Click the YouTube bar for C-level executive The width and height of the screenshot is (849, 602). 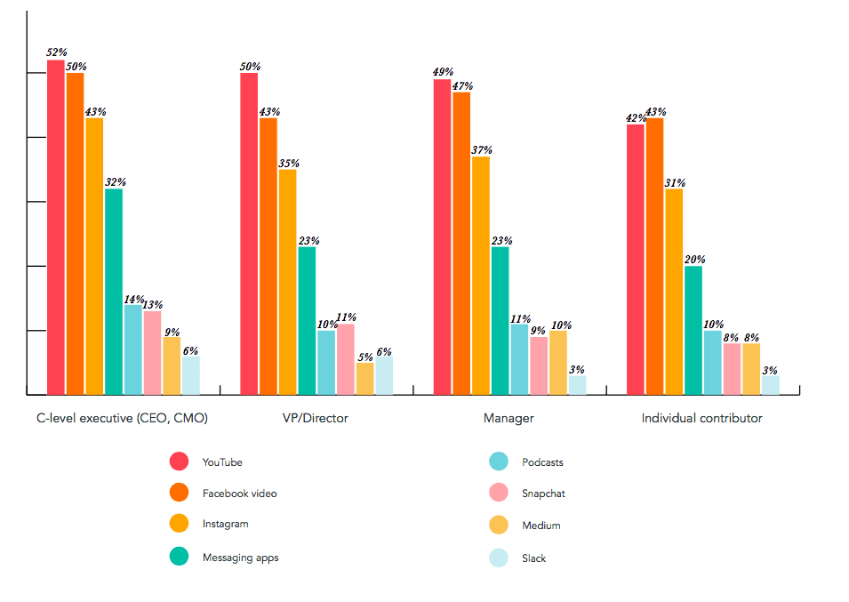tap(55, 227)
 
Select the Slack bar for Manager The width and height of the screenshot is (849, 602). tap(577, 384)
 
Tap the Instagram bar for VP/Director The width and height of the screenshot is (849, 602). tap(287, 281)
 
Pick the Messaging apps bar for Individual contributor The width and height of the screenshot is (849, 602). tap(693, 330)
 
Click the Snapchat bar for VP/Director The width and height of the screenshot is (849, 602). tap(345, 358)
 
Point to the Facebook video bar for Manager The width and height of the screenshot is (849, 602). tap(461, 243)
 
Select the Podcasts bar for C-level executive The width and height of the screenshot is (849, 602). tap(132, 349)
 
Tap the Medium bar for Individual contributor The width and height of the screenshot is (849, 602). tap(751, 368)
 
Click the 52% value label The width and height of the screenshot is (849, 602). tap(56, 52)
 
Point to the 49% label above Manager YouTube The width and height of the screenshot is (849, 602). tap(443, 72)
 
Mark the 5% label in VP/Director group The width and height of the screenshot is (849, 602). tap(365, 357)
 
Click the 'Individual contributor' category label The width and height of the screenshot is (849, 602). tap(701, 418)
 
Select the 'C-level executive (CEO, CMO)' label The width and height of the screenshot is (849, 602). tap(122, 418)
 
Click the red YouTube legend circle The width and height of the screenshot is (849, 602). tap(179, 462)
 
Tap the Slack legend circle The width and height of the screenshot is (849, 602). tap(499, 558)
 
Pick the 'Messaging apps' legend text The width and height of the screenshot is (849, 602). tap(240, 558)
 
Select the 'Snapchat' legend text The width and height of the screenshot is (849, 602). tap(543, 494)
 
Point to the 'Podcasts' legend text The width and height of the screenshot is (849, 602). tap(542, 462)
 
